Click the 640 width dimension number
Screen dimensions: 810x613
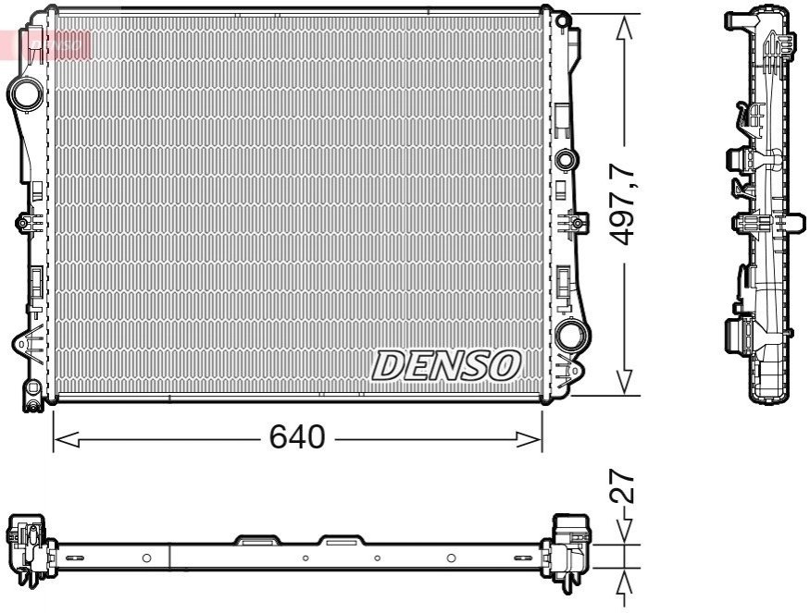297,437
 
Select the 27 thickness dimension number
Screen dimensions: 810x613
621,485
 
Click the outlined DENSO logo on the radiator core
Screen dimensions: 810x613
446,366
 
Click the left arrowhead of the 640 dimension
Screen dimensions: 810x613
66,439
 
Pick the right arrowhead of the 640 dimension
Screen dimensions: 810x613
529,439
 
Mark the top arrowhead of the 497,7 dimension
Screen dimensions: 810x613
625,28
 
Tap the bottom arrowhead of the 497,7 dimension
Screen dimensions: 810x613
625,383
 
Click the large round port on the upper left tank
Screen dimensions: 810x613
26,94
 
